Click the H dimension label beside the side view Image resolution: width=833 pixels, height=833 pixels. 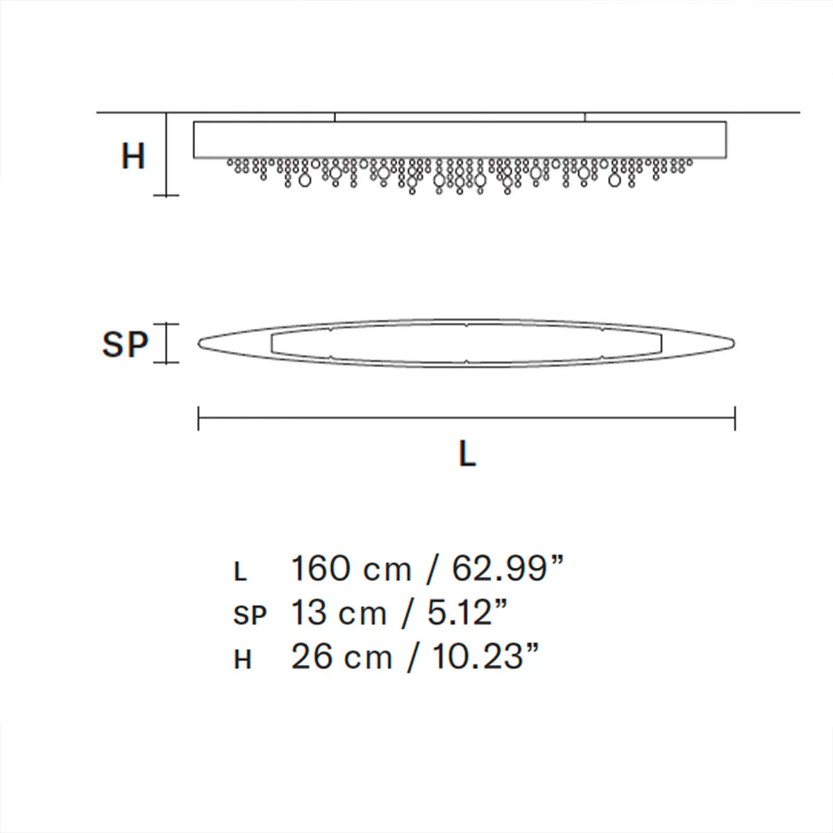[133, 156]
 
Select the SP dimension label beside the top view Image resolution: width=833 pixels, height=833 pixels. [125, 344]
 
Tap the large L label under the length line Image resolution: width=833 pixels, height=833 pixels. [467, 454]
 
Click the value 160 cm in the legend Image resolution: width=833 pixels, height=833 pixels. [351, 569]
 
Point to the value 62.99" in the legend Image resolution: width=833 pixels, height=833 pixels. [507, 569]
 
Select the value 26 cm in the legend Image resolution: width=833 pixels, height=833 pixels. [341, 657]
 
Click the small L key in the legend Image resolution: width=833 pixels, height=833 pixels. [240, 573]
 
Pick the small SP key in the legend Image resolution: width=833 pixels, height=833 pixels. [250, 616]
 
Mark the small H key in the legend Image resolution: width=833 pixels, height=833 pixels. [242, 659]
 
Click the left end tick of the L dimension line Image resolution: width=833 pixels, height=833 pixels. [199, 418]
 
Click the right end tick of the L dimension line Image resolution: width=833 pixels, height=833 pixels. [735, 418]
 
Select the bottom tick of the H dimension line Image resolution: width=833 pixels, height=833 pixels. [166, 195]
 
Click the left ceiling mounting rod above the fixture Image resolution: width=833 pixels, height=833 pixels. [335, 117]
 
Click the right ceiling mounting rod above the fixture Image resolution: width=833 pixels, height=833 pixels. [584, 117]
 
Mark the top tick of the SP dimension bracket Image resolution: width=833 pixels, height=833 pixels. [166, 323]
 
